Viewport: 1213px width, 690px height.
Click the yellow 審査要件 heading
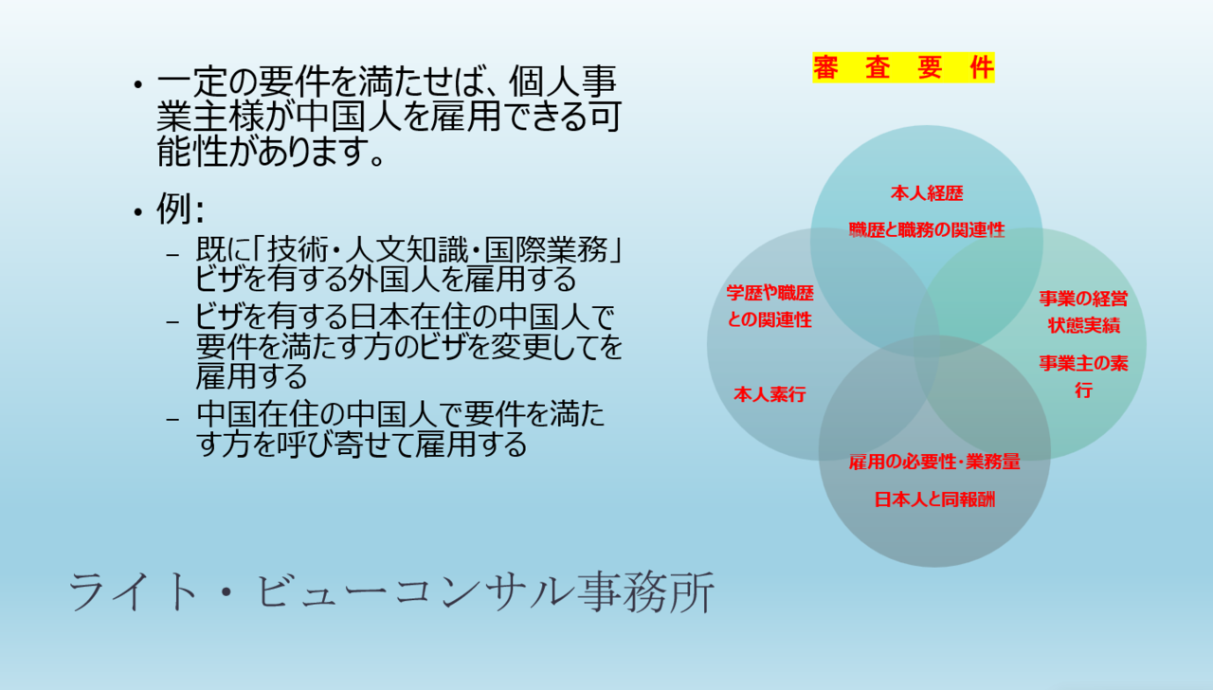click(903, 67)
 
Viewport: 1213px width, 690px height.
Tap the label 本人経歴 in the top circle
click(927, 193)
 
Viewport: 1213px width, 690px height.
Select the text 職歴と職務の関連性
click(927, 230)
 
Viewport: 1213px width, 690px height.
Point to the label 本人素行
click(769, 394)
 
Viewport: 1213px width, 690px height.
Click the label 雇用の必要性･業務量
click(934, 462)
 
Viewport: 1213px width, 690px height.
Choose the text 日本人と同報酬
click(934, 499)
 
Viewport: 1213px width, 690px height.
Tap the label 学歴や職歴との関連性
click(769, 306)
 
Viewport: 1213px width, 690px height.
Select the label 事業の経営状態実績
click(1083, 312)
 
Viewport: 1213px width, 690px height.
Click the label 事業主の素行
click(1083, 376)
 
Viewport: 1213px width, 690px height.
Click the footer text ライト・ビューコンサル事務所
click(391, 592)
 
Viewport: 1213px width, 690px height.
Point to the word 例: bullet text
click(180, 209)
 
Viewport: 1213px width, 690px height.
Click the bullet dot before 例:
click(138, 211)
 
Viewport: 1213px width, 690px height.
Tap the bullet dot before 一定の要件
click(138, 84)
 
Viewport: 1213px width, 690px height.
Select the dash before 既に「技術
click(172, 254)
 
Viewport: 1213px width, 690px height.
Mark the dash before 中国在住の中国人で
click(172, 419)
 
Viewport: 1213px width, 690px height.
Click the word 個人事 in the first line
click(563, 82)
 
